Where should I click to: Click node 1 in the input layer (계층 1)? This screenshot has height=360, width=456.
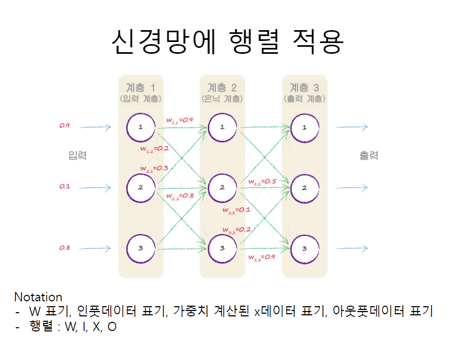pyautogui.click(x=141, y=128)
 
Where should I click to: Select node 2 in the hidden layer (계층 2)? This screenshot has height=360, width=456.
pyautogui.click(x=222, y=187)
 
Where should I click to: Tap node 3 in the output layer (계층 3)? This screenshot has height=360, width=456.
pyautogui.click(x=304, y=249)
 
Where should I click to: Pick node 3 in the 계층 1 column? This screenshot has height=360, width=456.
pyautogui.click(x=141, y=249)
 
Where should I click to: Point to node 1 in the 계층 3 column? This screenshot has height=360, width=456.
pyautogui.click(x=304, y=128)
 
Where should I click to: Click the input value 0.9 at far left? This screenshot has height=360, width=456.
pyautogui.click(x=65, y=125)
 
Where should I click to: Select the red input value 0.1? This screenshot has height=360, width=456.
pyautogui.click(x=65, y=186)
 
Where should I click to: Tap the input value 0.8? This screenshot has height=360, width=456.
pyautogui.click(x=65, y=248)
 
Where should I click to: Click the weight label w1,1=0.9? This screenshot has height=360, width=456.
pyautogui.click(x=179, y=121)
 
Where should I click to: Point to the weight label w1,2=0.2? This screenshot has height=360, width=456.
pyautogui.click(x=155, y=148)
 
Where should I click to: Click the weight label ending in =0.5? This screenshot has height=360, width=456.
pyautogui.click(x=262, y=181)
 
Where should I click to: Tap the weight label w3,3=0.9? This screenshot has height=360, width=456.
pyautogui.click(x=262, y=257)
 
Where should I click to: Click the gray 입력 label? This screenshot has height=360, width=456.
pyautogui.click(x=78, y=156)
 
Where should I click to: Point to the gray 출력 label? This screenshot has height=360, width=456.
pyautogui.click(x=369, y=156)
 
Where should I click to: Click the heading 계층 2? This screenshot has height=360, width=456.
pyautogui.click(x=222, y=87)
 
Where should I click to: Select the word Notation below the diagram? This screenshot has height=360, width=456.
pyautogui.click(x=38, y=297)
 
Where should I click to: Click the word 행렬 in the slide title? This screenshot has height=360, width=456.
pyautogui.click(x=254, y=41)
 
